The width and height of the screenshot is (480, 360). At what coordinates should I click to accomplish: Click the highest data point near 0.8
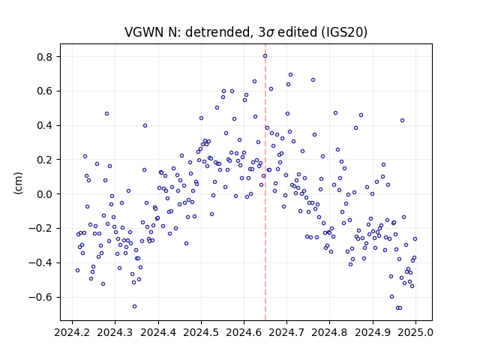click(x=265, y=56)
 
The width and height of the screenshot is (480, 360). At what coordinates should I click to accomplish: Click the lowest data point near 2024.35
click(x=134, y=307)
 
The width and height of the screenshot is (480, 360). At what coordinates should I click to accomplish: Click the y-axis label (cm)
click(x=18, y=183)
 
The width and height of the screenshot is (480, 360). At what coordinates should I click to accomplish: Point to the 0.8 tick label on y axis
click(x=44, y=57)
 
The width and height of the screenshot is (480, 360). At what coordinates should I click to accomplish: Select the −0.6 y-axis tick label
click(x=40, y=297)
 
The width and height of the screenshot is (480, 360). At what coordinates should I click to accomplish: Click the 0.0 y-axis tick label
click(x=44, y=194)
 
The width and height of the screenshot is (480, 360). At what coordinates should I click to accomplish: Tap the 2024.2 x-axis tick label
click(x=72, y=332)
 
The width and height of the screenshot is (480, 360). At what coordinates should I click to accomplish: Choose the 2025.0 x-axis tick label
click(x=415, y=332)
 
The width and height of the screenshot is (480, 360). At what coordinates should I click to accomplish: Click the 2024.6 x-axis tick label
click(x=244, y=332)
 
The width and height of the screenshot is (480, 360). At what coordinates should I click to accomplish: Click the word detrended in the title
click(x=217, y=32)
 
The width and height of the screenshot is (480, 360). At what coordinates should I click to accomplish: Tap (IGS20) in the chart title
click(x=344, y=32)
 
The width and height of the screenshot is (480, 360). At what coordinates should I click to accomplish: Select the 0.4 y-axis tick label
click(x=44, y=125)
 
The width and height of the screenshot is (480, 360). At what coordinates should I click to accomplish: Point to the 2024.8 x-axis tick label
click(x=330, y=332)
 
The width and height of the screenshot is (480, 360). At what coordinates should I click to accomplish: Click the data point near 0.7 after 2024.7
click(x=290, y=75)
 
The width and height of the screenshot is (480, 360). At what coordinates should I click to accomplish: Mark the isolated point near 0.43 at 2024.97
click(x=402, y=121)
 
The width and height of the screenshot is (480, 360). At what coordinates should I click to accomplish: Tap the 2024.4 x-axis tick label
click(x=158, y=332)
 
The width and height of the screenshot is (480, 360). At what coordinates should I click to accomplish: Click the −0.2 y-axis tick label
click(x=40, y=228)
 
